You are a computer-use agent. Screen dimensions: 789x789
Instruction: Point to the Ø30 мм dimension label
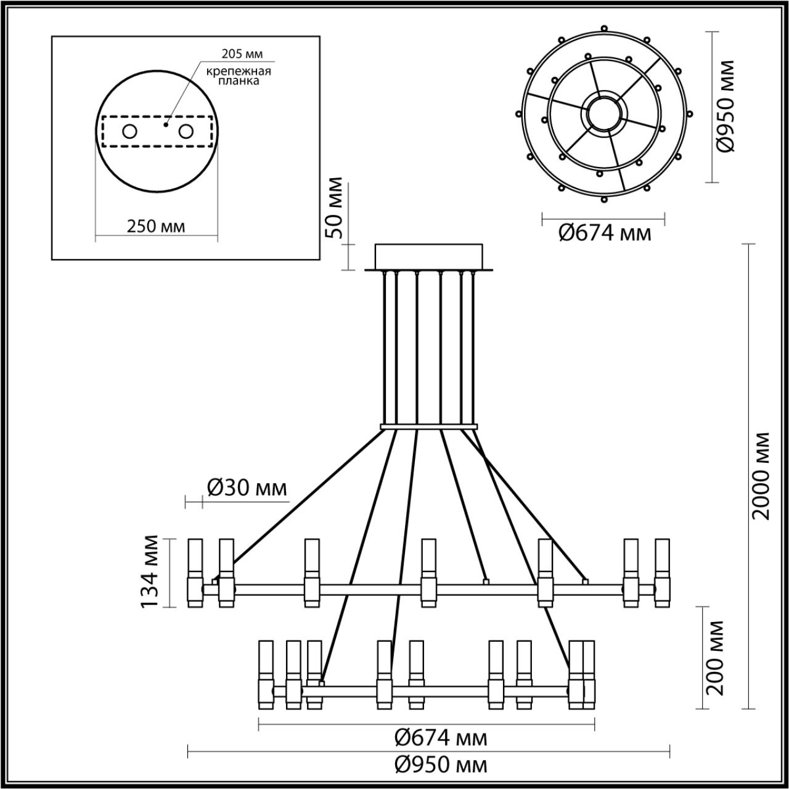click(x=247, y=488)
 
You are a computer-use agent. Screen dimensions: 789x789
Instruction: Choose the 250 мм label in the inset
click(x=155, y=226)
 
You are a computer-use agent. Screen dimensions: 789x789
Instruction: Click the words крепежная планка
click(x=239, y=76)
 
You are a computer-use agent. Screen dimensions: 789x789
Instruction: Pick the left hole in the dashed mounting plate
click(x=129, y=131)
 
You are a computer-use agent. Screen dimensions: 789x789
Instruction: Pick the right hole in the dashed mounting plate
click(x=186, y=131)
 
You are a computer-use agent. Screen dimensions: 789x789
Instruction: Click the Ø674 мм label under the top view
click(x=605, y=234)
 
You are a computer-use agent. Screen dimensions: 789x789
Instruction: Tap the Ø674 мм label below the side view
click(x=440, y=737)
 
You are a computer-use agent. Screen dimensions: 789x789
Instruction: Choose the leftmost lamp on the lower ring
click(x=266, y=675)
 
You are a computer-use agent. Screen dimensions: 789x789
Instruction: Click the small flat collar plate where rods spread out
click(x=429, y=427)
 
